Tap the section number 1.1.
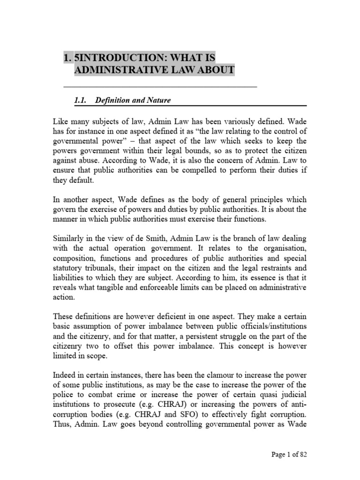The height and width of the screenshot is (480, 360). (x=82, y=100)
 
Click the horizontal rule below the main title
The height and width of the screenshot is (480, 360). (x=160, y=87)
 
